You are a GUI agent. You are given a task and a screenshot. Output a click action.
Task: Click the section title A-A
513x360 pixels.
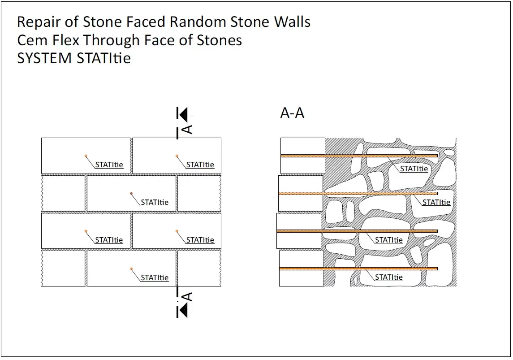(x=292, y=113)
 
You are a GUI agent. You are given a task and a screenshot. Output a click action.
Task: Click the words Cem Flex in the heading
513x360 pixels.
(x=49, y=40)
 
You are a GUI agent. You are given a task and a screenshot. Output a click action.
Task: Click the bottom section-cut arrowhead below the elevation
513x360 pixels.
(x=183, y=310)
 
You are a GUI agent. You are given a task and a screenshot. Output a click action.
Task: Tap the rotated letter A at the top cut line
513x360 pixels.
(x=188, y=129)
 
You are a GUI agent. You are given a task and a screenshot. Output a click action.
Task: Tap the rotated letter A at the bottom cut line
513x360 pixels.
(x=188, y=297)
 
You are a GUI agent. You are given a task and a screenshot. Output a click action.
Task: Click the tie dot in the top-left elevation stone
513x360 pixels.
(x=86, y=156)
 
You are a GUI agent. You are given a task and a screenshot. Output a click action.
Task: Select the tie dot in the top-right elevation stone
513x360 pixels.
(x=177, y=156)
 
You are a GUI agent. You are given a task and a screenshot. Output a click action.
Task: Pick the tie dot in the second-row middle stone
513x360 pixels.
(x=131, y=193)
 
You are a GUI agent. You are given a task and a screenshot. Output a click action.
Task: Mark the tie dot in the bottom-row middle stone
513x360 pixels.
(x=131, y=269)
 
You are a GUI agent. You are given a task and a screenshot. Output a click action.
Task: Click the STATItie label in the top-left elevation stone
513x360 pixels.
(x=109, y=165)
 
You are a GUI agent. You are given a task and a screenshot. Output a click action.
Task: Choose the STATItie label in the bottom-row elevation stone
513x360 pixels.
(x=155, y=278)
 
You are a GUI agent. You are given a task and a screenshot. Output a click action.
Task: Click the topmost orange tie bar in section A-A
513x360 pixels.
(x=358, y=156)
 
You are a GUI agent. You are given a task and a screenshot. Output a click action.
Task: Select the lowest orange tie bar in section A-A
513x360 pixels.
(x=358, y=269)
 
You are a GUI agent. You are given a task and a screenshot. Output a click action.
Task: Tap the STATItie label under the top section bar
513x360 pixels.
(x=414, y=169)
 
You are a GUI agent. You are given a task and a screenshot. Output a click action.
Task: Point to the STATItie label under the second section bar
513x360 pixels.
(x=436, y=202)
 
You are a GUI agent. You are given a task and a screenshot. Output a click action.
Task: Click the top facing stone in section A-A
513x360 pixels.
(x=302, y=156)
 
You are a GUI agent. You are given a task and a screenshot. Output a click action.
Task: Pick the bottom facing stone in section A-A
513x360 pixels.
(x=301, y=269)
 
